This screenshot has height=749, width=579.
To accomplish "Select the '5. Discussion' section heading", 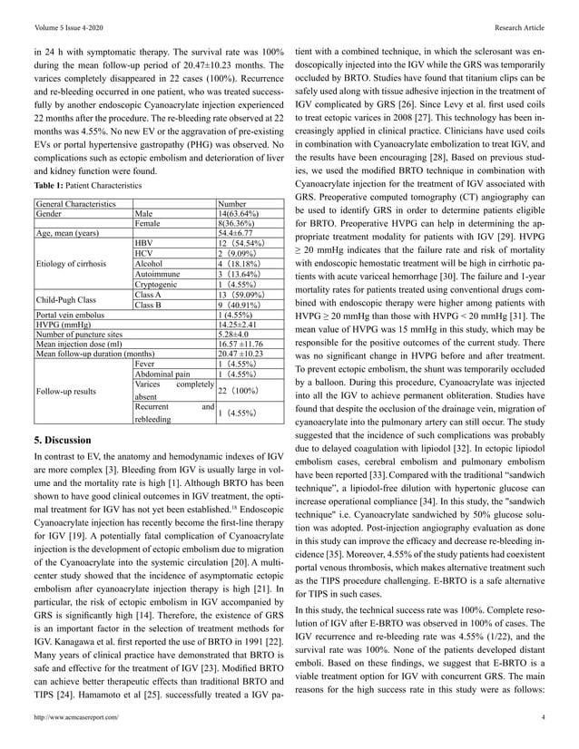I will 71,441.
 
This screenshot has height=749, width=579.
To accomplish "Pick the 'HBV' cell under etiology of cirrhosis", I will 143,246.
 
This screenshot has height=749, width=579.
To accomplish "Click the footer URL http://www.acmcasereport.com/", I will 74,716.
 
